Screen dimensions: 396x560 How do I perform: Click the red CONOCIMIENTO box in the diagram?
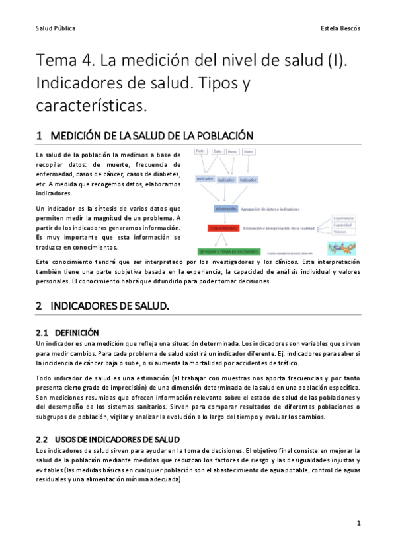pyautogui.click(x=223, y=228)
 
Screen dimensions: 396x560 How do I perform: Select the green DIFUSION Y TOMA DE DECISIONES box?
pyautogui.click(x=228, y=252)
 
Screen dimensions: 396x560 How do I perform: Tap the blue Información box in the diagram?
pyautogui.click(x=225, y=209)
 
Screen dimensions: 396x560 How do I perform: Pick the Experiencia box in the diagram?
pyautogui.click(x=344, y=219)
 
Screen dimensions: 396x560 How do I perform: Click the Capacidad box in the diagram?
pyautogui.click(x=344, y=225)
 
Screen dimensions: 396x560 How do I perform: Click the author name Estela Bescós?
pyautogui.click(x=340, y=29)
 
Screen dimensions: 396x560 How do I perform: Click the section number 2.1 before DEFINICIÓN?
pyautogui.click(x=41, y=333)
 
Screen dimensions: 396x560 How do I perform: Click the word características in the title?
pyautogui.click(x=91, y=106)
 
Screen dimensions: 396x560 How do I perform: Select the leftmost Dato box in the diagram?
pyautogui.click(x=200, y=152)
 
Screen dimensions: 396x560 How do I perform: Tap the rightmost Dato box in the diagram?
pyautogui.click(x=248, y=152)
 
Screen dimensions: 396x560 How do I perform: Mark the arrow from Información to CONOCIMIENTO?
pyautogui.click(x=225, y=218)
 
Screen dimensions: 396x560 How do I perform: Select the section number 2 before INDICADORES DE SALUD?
pyautogui.click(x=39, y=306)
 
